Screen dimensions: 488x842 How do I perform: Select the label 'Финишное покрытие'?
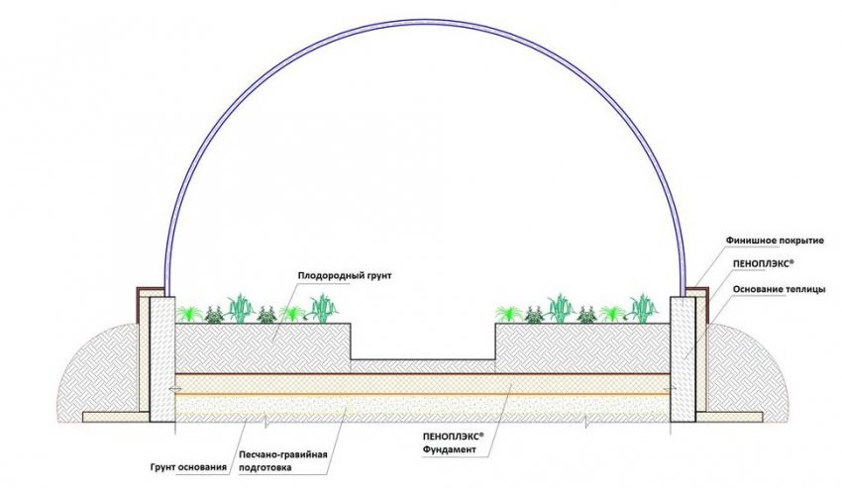pos(770,240)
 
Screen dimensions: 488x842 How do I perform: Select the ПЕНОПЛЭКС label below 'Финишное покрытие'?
pos(763,264)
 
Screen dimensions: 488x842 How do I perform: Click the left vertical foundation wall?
pos(158,356)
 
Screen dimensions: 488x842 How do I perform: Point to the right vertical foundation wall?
pos(684,356)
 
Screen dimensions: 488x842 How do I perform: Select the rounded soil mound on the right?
pos(748,371)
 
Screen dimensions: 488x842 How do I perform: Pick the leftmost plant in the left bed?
pos(187,313)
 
